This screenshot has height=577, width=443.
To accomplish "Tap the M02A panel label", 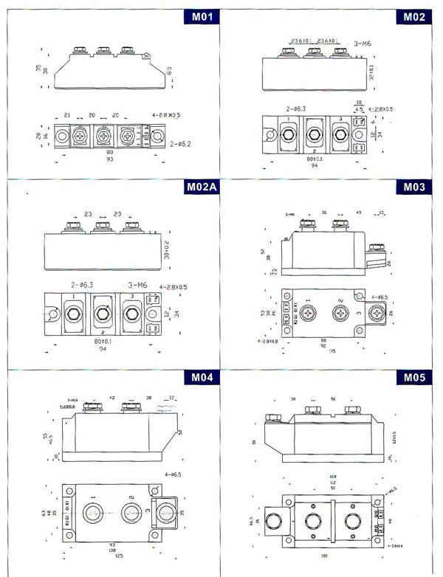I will pos(200,187).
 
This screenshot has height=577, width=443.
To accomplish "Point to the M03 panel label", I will pos(413,187).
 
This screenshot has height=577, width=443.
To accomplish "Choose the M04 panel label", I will pos(202,378).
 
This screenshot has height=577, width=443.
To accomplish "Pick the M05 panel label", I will pos(413,378).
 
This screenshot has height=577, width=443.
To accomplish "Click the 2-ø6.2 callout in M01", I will pos(182,144).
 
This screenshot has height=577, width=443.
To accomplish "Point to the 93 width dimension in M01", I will pos(110,159).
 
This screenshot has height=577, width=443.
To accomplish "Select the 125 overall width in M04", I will pos(110,556).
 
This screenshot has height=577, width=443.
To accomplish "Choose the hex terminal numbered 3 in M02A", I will pos(132,314).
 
